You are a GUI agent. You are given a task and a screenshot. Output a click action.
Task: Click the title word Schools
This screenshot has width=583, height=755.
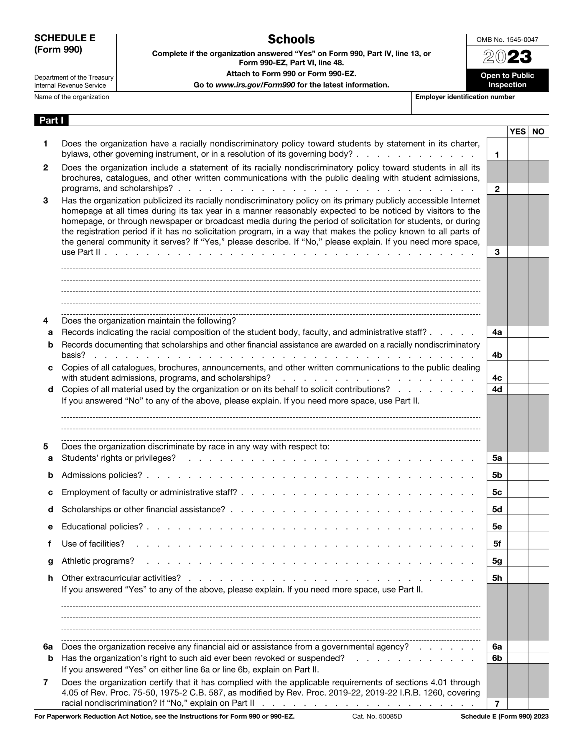[291, 40]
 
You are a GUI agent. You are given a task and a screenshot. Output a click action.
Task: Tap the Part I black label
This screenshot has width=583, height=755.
[51, 120]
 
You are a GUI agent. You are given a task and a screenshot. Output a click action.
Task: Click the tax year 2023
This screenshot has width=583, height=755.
[507, 57]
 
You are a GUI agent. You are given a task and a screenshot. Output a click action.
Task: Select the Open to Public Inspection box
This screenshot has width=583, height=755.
[507, 80]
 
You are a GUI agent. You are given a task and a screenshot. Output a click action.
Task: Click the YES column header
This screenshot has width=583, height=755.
[517, 132]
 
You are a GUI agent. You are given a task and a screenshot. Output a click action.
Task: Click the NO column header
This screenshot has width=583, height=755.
[538, 132]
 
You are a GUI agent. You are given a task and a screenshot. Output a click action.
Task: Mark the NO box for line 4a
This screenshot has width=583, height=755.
[538, 332]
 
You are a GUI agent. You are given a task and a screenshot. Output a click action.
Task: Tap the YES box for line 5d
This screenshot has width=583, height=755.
[517, 509]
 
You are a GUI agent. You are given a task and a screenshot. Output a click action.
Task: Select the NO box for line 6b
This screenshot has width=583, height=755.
[538, 658]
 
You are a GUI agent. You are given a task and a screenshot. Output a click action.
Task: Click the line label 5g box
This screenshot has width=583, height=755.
[497, 561]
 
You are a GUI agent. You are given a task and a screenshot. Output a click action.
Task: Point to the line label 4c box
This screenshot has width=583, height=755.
[497, 378]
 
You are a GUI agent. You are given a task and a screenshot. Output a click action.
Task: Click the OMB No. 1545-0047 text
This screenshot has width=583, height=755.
[507, 40]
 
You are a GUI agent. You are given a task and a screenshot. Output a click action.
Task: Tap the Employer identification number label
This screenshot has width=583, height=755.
[465, 97]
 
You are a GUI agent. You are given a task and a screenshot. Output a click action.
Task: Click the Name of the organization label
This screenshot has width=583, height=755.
[72, 97]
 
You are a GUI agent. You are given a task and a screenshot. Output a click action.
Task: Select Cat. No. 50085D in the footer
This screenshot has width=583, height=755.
[377, 716]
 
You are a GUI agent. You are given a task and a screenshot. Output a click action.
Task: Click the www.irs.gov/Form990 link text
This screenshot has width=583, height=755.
[255, 85]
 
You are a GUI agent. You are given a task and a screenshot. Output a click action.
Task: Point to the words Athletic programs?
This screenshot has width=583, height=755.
[98, 561]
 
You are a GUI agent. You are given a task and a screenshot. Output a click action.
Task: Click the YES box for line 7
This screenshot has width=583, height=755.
[517, 703]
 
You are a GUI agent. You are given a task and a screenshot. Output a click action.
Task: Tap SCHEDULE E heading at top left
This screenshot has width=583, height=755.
[65, 38]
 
